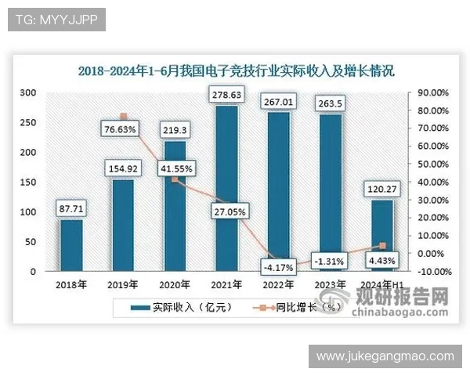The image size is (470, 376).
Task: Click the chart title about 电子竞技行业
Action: (236, 70)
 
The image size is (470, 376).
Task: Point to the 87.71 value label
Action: (71, 209)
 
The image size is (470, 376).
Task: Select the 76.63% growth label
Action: (122, 128)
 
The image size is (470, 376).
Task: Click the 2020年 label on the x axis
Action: (175, 284)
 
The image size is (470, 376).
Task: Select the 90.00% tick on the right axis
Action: (433, 92)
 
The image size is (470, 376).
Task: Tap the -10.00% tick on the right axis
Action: (433, 272)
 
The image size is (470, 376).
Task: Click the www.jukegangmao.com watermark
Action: (385, 356)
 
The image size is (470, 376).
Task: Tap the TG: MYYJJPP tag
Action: (56, 20)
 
